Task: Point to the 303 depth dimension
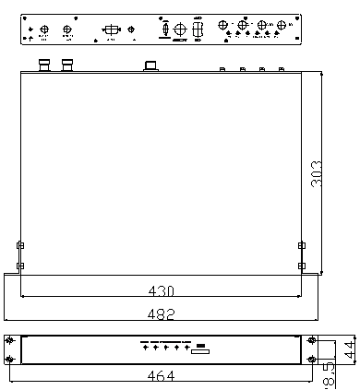(318, 171)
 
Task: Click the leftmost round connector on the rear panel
(44, 30)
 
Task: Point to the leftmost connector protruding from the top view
(43, 65)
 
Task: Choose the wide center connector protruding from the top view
(150, 65)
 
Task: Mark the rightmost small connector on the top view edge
(282, 69)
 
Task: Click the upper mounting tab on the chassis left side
(20, 245)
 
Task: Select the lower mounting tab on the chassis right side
(301, 266)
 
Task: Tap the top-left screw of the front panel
(10, 340)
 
